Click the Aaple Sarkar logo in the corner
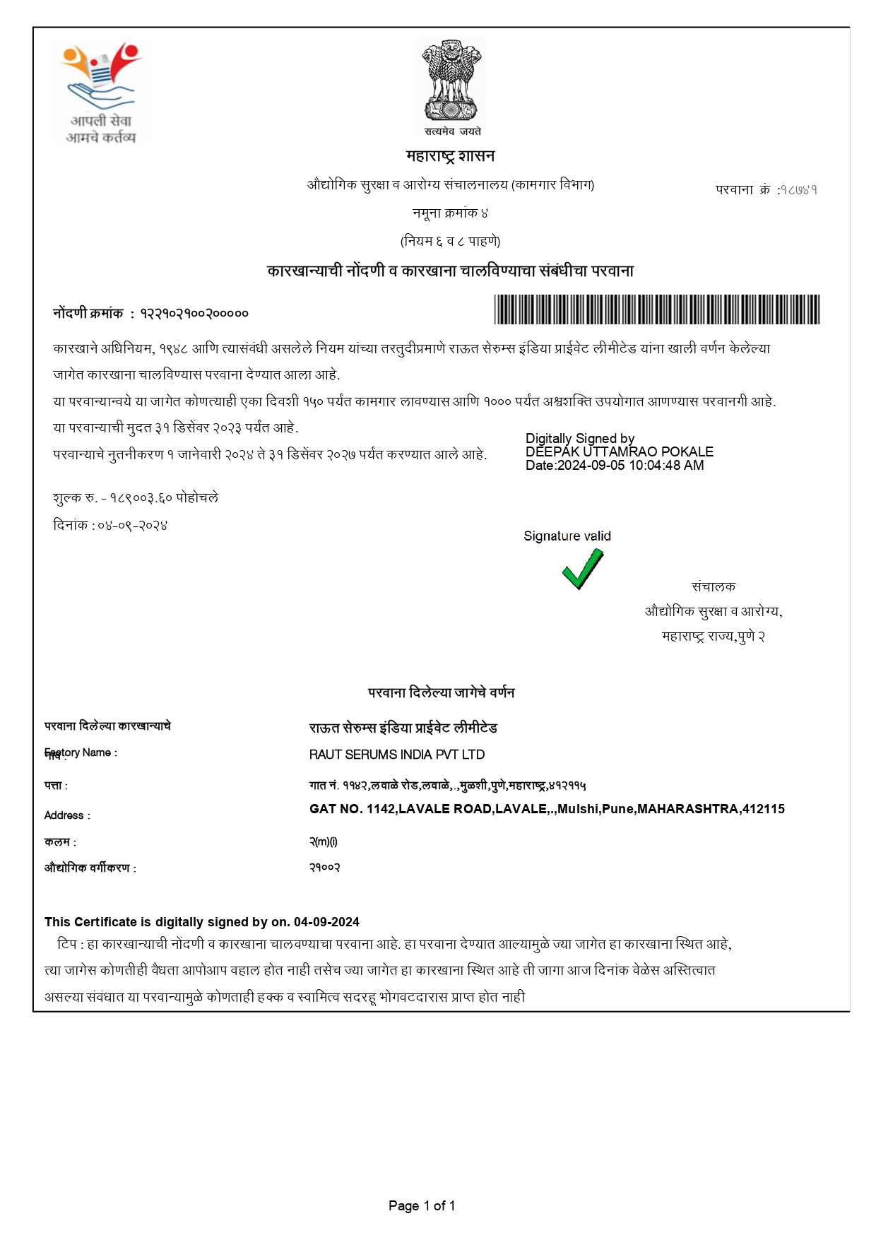click(x=101, y=92)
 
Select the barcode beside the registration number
click(x=656, y=309)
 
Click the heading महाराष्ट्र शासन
click(x=450, y=155)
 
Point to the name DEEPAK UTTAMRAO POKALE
click(x=619, y=451)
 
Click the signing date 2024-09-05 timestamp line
click(x=615, y=465)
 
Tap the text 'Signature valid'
click(x=567, y=536)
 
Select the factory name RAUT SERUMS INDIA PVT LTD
click(x=397, y=755)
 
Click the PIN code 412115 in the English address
click(x=763, y=809)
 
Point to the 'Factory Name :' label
click(x=81, y=753)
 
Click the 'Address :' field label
click(x=67, y=815)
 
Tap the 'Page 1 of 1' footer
click(x=422, y=1205)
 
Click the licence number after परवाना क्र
click(x=798, y=189)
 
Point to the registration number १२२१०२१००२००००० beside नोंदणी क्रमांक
click(x=194, y=313)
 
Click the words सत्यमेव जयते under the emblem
click(x=452, y=131)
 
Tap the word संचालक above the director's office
click(x=713, y=586)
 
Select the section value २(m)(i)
click(x=324, y=842)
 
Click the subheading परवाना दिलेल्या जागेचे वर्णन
click(x=441, y=692)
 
